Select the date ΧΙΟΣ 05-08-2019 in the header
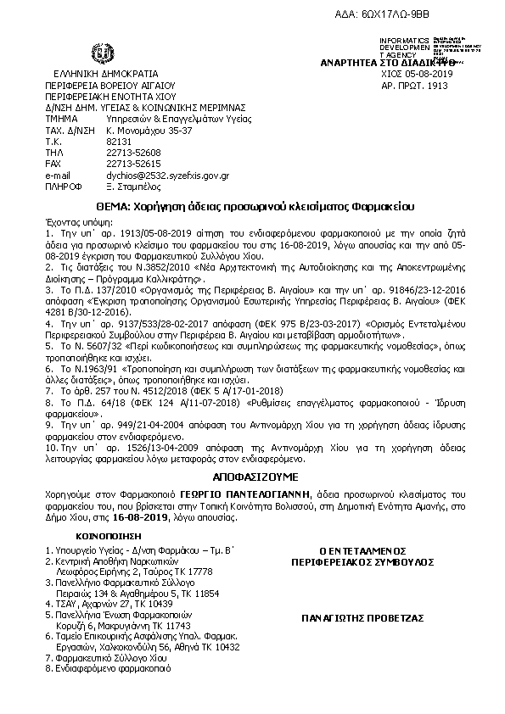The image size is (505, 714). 416,74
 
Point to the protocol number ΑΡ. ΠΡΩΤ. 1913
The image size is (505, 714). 415,86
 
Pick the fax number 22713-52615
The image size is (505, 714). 133,164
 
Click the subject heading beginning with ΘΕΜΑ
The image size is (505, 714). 252,206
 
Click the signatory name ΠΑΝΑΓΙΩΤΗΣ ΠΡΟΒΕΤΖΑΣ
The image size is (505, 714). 362,618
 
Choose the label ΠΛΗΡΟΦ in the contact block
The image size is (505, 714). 63,186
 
